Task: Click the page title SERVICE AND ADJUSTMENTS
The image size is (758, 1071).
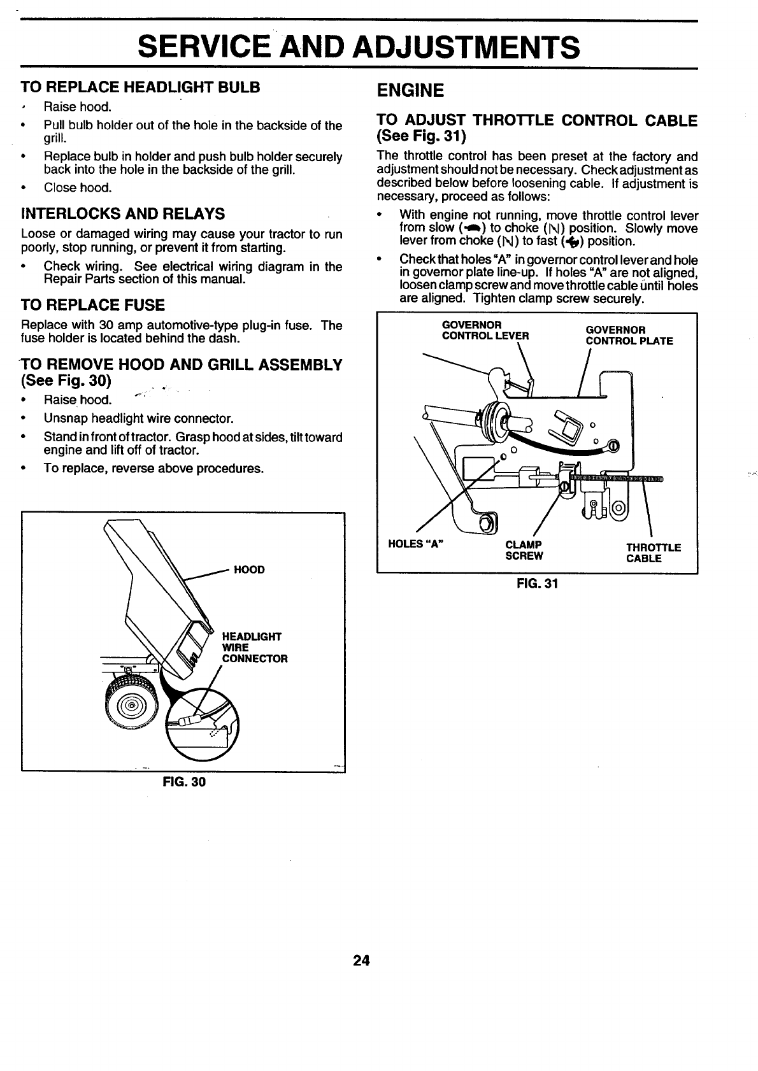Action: click(x=359, y=46)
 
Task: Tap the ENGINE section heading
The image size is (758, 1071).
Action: click(x=410, y=90)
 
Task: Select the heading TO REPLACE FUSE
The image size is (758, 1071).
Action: click(x=93, y=304)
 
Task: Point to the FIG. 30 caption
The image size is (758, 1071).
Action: click(x=184, y=781)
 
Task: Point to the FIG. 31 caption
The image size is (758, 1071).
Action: click(x=537, y=583)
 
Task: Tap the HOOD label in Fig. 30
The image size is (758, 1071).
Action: click(x=249, y=569)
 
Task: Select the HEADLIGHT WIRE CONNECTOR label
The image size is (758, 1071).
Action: click(x=254, y=648)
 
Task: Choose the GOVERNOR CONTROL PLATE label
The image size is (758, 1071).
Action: click(x=629, y=336)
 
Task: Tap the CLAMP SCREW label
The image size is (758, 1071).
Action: click(x=524, y=550)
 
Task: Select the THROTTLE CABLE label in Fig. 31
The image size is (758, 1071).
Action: click(x=653, y=553)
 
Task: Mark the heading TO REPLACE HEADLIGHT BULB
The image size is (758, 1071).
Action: click(x=141, y=87)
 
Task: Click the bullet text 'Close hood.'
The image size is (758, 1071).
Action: click(x=78, y=188)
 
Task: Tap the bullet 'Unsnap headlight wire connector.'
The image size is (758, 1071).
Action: click(x=138, y=418)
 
